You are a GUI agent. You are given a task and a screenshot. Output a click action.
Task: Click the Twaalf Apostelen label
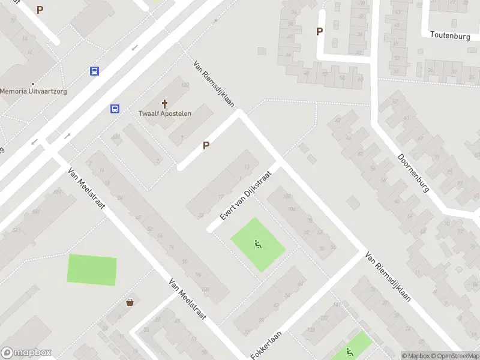coord(165,113)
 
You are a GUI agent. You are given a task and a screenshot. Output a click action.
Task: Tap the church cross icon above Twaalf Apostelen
coord(165,104)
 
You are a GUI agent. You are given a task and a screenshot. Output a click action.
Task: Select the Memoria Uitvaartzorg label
coord(33,91)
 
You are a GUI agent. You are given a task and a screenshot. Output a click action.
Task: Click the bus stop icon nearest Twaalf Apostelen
coord(114,109)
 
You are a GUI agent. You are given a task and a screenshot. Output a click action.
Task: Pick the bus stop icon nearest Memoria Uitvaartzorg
coord(94,71)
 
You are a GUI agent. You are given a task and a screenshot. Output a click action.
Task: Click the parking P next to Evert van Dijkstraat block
coord(206,145)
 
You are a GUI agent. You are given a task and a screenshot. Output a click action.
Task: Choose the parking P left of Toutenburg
coord(319,31)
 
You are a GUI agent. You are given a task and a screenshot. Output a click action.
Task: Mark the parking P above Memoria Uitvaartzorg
coord(40,10)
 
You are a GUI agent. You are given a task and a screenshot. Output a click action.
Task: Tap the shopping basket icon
coord(130,302)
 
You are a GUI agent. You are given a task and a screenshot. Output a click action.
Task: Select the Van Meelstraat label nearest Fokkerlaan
coord(187,299)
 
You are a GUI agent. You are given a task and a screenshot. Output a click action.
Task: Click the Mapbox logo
coord(26,353)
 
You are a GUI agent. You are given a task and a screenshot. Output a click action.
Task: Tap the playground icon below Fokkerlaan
coord(350,352)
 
